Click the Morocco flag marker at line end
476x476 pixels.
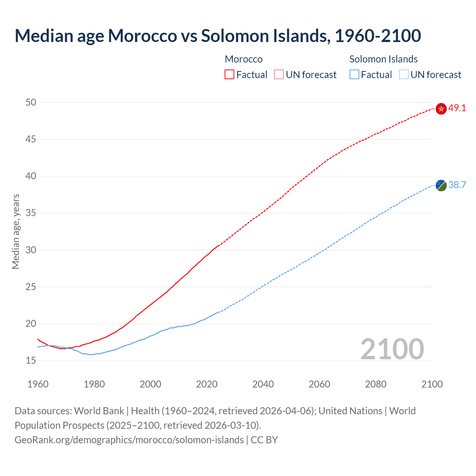coord(441,109)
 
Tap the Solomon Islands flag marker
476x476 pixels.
coord(441,185)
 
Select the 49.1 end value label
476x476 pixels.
coord(457,108)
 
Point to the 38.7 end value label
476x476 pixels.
coord(457,185)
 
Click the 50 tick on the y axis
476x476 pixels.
coord(31,102)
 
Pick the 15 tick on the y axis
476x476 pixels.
coord(31,360)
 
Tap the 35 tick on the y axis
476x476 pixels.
coord(31,213)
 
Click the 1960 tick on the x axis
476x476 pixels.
coord(38,384)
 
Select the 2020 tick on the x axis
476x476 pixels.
coord(207,384)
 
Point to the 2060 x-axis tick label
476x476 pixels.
coord(319,384)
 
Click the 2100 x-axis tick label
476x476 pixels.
coord(432,384)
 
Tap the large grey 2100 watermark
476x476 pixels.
coord(392,349)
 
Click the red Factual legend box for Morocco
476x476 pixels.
coord(229,75)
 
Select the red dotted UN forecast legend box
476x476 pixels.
coord(279,75)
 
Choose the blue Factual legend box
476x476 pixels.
coord(354,75)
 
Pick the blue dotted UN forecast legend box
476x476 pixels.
coord(403,75)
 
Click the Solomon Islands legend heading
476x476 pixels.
coord(383,59)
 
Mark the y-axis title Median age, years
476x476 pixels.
coord(16,231)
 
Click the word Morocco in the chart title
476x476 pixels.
coord(142,36)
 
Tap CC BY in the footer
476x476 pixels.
coord(264,440)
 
